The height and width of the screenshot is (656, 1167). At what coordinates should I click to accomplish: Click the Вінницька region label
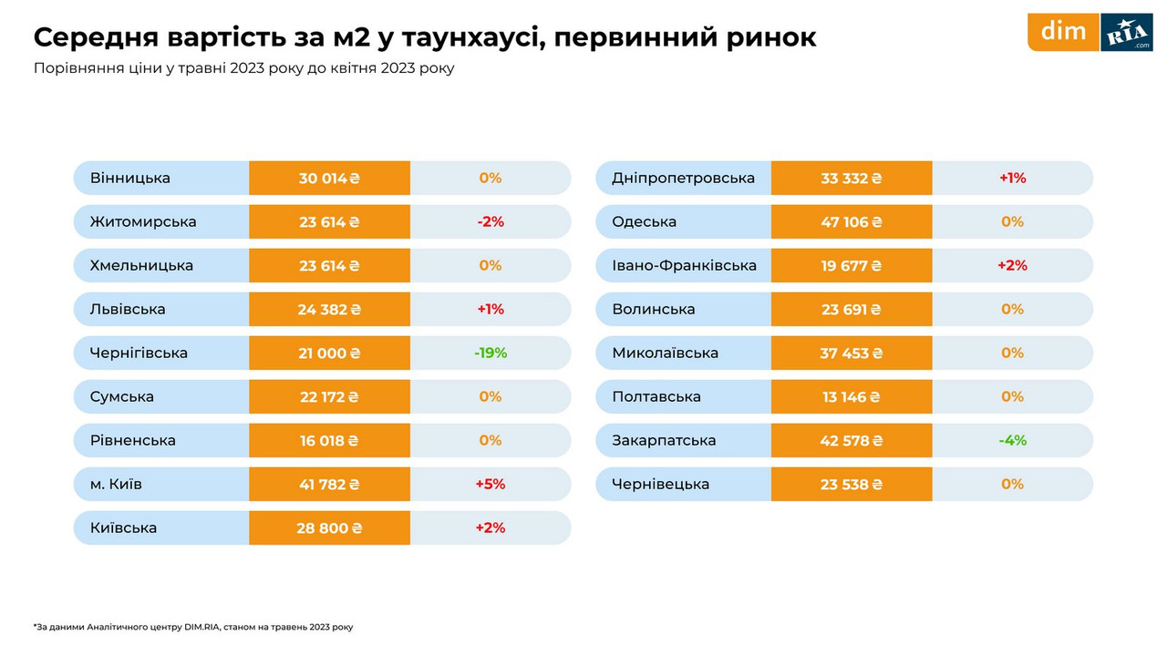click(x=130, y=179)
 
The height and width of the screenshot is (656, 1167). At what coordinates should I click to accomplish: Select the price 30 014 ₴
click(x=329, y=179)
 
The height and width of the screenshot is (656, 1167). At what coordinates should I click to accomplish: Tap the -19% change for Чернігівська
click(x=491, y=353)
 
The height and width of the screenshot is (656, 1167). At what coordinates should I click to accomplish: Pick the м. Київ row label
click(x=116, y=484)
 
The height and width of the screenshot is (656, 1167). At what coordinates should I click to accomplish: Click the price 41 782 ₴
click(x=329, y=484)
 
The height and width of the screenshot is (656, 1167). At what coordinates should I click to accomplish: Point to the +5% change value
click(x=491, y=484)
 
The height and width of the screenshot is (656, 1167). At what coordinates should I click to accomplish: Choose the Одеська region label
click(x=645, y=222)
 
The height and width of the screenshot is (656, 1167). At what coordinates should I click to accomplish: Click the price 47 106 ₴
click(x=852, y=222)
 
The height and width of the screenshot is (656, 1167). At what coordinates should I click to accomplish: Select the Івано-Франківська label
click(x=685, y=266)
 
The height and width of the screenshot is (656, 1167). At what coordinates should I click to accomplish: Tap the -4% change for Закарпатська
click(x=1012, y=440)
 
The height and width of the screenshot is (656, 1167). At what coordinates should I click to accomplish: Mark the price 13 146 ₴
click(x=852, y=396)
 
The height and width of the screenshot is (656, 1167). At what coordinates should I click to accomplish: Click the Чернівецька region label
click(x=661, y=484)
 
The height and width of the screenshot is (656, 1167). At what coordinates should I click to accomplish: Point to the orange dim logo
click(x=1064, y=32)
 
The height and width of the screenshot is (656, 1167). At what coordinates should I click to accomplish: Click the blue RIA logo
click(x=1127, y=33)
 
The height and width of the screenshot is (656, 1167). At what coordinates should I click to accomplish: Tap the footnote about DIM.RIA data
click(x=193, y=627)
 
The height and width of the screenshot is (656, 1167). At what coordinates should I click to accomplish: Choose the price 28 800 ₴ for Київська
click(x=329, y=528)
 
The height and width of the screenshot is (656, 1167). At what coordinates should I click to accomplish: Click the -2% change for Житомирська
click(x=491, y=222)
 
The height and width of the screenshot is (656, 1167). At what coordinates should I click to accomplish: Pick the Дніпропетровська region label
click(x=684, y=179)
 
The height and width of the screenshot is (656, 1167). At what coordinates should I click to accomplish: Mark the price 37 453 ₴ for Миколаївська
click(x=852, y=353)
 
